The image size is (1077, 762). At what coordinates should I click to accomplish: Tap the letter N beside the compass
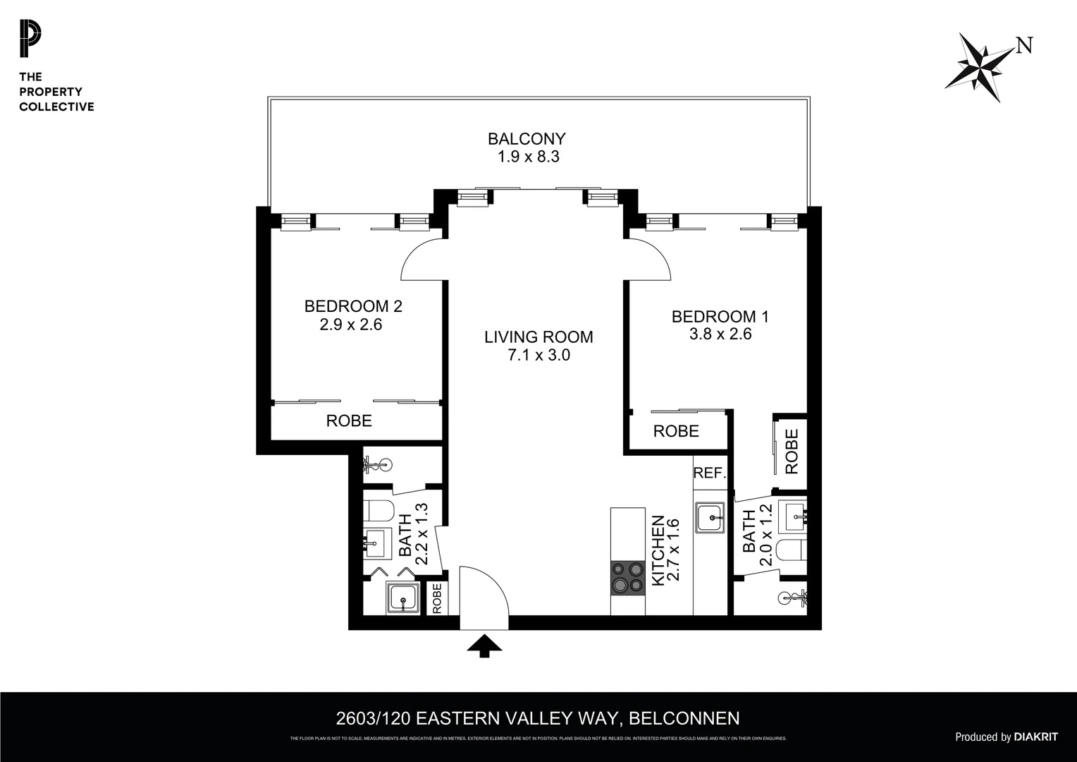tap(1024, 46)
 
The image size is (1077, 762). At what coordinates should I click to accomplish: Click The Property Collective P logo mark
tap(30, 40)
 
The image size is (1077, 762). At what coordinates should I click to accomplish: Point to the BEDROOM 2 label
tap(352, 306)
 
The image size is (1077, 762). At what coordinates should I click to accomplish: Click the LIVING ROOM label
tap(538, 337)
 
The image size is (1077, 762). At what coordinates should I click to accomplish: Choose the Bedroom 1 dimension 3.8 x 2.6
tap(720, 334)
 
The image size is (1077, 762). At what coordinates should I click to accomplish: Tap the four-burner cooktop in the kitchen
tap(627, 576)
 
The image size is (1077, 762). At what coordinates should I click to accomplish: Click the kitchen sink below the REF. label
tap(710, 518)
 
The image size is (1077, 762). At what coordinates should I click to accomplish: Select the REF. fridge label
tap(709, 473)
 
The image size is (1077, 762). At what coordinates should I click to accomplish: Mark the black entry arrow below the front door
tap(484, 645)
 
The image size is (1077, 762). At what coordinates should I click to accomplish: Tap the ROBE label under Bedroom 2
tap(348, 421)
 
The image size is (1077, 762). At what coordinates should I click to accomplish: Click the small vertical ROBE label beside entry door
tap(436, 598)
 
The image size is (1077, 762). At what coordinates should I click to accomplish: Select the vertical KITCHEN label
tap(658, 550)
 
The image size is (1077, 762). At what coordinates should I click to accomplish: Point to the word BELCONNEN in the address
tap(684, 718)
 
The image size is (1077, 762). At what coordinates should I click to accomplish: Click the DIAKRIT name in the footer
tap(1035, 737)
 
